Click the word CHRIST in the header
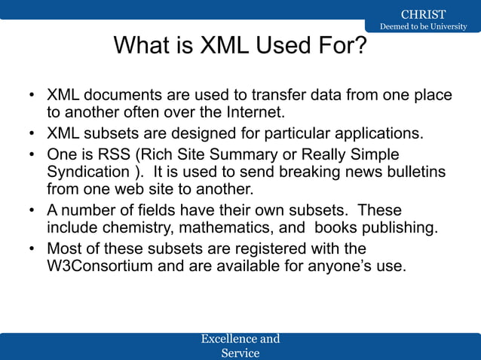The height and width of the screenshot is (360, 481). [423, 14]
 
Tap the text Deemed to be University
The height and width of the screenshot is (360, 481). [423, 27]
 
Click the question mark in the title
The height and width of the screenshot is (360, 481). [360, 47]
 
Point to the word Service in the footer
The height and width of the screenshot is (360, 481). [240, 352]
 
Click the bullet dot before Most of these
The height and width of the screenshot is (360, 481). [32, 249]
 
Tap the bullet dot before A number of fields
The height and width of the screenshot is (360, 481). [32, 210]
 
